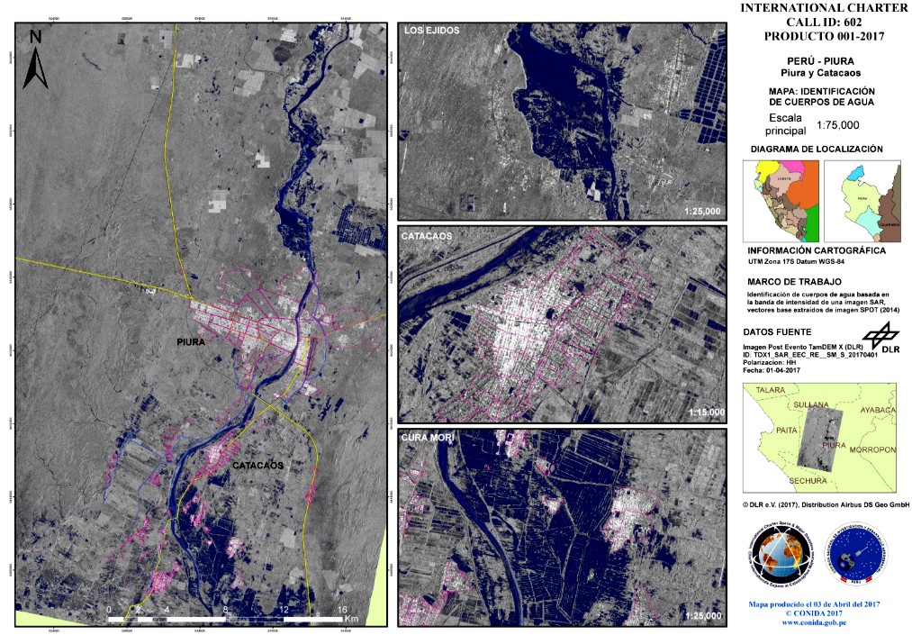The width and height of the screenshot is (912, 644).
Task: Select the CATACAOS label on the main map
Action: tap(257, 466)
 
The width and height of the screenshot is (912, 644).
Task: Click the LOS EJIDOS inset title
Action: tap(432, 31)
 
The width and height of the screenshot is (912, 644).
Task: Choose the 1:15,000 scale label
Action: tap(703, 413)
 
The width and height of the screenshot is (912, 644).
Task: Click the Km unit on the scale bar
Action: tap(352, 620)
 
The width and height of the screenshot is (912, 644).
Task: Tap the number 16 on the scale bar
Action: tap(342, 610)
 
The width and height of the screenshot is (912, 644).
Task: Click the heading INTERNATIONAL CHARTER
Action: tap(824, 8)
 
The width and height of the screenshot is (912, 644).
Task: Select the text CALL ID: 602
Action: tap(824, 23)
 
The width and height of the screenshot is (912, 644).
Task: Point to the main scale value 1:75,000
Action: tap(837, 125)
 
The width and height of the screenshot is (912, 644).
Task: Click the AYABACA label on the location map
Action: tap(879, 410)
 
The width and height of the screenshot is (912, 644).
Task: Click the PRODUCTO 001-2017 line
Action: tap(824, 37)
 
